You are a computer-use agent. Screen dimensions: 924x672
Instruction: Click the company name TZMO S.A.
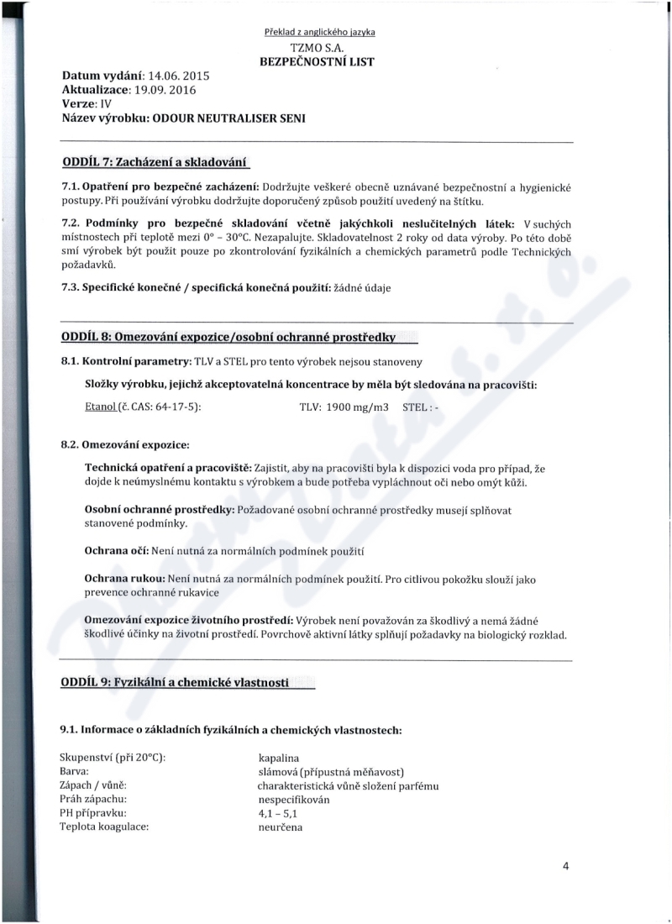coord(319,47)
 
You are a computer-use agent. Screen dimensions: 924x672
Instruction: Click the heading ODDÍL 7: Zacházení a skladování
coord(156,161)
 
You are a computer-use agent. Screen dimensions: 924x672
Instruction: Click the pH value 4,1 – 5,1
coord(278,813)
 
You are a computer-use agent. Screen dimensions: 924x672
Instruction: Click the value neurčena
coord(281,827)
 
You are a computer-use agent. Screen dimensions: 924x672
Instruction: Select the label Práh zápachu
coord(94,800)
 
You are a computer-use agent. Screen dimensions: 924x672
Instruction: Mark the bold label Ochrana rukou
coord(123,580)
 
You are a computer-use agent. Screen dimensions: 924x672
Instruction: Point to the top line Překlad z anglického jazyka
coord(319,33)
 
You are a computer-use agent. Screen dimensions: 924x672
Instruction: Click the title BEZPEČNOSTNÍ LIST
coord(319,61)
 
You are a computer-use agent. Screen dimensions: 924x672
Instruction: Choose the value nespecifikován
coord(294,800)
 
